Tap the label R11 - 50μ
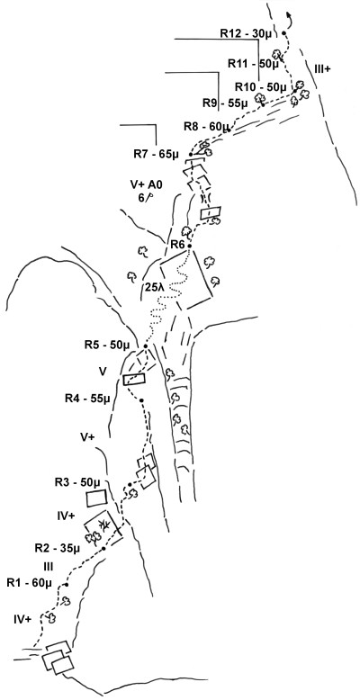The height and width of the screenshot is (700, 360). tap(253, 64)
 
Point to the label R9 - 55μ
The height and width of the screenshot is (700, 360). tap(225, 103)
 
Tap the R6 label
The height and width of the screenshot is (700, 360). tap(179, 245)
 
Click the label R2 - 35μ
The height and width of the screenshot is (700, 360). tap(58, 547)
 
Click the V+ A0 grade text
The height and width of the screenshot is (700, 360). tap(142, 184)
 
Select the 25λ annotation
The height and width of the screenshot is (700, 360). tap(155, 287)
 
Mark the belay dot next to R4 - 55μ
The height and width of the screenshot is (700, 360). tap(141, 400)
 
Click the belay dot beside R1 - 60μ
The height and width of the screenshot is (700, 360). tap(67, 584)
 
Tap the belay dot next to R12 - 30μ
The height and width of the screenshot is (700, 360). tap(283, 33)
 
